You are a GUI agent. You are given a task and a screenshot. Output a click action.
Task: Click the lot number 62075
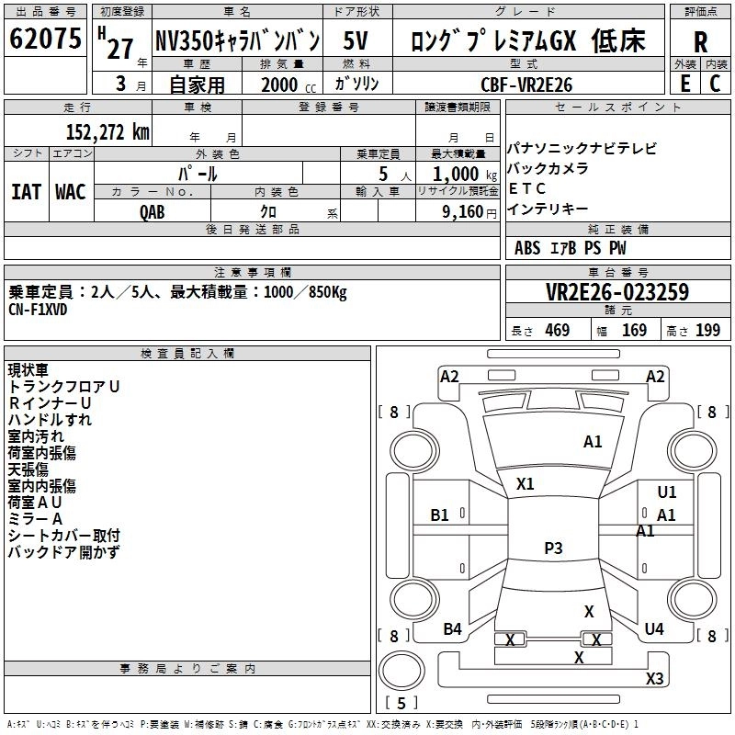[x=45, y=40]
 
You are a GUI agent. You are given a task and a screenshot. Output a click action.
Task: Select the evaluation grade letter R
[x=700, y=41]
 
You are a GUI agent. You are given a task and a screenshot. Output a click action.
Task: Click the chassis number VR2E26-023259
[x=616, y=292]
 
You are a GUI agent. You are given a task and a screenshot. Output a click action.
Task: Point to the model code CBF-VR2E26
[x=526, y=85]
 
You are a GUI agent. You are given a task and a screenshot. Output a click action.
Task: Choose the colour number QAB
[x=153, y=210]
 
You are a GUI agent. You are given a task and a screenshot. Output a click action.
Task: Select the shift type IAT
[x=26, y=191]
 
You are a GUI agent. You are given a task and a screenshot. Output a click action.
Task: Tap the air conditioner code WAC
[x=71, y=191]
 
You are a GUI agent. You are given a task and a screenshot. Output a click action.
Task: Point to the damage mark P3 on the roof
[x=553, y=548]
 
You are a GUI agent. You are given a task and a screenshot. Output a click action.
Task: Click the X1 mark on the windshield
[x=526, y=483]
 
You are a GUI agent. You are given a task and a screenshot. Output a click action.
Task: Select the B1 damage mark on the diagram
[x=440, y=515]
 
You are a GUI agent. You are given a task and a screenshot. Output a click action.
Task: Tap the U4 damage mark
[x=654, y=628]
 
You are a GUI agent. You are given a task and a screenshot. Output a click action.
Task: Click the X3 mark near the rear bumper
[x=654, y=679]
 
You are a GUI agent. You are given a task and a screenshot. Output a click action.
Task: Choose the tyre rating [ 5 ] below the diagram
[x=401, y=703]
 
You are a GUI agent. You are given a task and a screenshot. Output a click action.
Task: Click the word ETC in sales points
[x=527, y=188]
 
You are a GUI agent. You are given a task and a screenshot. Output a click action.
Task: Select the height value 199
[x=707, y=331]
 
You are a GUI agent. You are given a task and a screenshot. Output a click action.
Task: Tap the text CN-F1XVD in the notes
[x=39, y=309]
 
